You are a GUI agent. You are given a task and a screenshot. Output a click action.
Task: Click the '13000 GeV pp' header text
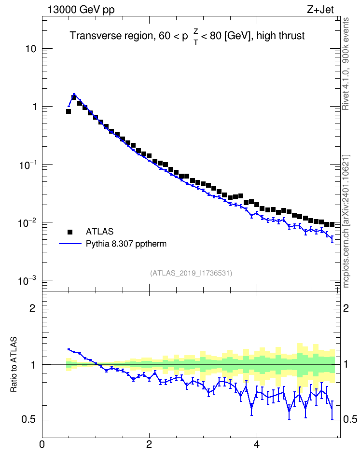(81, 10)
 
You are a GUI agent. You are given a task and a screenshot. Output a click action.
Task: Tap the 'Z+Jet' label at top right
(320, 10)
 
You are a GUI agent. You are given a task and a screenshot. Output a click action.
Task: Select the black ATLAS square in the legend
(70, 232)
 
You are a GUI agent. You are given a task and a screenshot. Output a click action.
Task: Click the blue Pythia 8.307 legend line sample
(70, 244)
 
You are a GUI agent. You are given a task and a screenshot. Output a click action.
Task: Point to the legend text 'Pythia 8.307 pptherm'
(126, 244)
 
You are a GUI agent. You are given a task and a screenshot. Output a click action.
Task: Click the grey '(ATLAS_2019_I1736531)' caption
(191, 273)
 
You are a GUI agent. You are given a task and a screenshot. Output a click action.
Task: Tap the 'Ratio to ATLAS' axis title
(14, 364)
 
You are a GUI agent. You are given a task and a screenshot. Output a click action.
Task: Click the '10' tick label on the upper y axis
(31, 49)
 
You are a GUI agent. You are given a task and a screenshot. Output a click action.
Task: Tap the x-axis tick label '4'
(256, 444)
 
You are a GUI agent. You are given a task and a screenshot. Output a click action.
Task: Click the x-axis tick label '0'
(42, 444)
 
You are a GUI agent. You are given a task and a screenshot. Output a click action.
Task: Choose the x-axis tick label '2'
(149, 444)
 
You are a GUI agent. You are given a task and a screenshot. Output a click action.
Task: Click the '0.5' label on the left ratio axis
(29, 420)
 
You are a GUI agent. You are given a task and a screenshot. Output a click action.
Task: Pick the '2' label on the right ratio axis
(346, 308)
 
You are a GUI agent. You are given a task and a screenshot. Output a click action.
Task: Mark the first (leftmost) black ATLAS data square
(69, 111)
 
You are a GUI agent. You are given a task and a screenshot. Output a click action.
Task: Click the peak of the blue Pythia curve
(74, 94)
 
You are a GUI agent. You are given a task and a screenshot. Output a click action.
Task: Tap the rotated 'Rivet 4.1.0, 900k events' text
(346, 64)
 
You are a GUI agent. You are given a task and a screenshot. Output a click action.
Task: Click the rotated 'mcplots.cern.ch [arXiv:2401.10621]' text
(346, 221)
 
